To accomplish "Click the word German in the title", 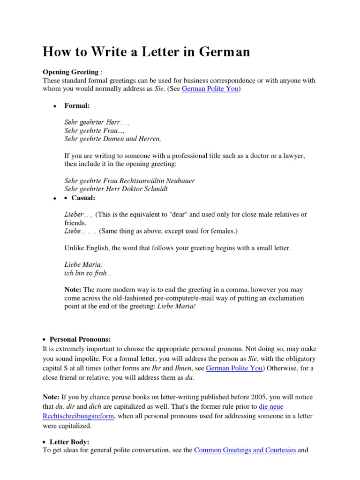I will pyautogui.click(x=223, y=52).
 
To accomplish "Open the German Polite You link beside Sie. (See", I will pyautogui.click(x=210, y=89).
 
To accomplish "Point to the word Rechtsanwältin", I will pyautogui.click(x=145, y=180).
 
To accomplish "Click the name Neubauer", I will pyautogui.click(x=181, y=180).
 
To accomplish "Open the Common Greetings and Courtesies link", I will pyautogui.click(x=245, y=450).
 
